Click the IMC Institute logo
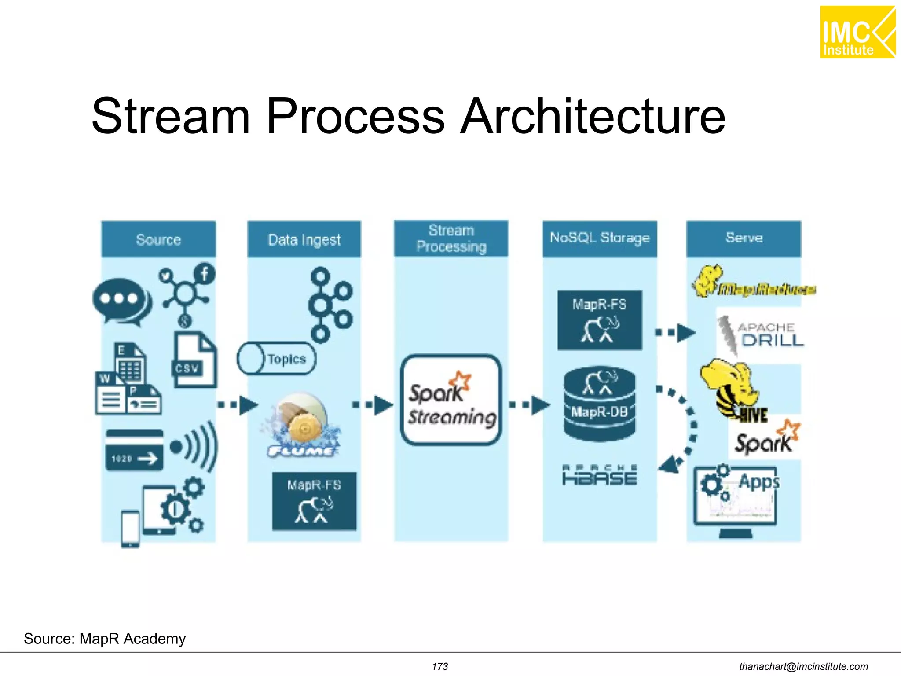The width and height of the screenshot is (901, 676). tap(857, 32)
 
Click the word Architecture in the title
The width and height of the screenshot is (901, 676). tap(592, 117)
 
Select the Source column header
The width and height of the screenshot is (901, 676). tap(158, 239)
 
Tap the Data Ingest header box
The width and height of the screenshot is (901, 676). tap(304, 239)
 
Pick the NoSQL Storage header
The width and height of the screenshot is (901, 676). tap(599, 239)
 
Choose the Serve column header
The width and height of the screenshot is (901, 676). tap(744, 239)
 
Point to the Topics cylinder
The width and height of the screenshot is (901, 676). tap(277, 359)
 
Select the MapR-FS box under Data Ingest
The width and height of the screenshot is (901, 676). tap(314, 501)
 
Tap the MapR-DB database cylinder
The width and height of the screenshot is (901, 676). tap(599, 404)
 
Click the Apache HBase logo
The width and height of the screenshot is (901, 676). tap(599, 475)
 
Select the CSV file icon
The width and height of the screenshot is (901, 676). tap(194, 360)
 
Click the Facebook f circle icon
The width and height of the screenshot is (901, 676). tap(205, 274)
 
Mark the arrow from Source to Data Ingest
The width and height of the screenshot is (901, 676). tap(238, 404)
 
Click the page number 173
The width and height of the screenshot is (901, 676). tap(440, 666)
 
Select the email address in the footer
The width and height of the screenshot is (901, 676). tap(803, 666)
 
